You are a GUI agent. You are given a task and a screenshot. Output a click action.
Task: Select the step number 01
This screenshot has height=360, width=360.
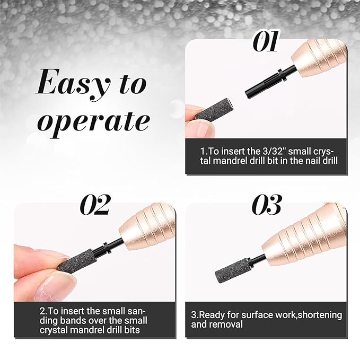[266, 41]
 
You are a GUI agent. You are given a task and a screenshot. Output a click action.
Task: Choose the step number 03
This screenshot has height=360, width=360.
[267, 205]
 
